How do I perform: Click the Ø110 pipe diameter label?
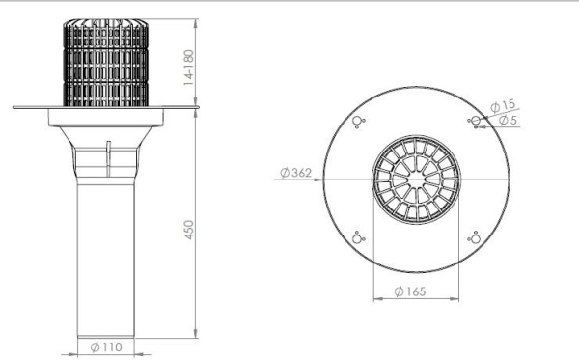tap(105, 346)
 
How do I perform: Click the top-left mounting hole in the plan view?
tap(358, 121)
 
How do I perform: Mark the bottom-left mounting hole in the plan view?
tap(358, 238)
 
